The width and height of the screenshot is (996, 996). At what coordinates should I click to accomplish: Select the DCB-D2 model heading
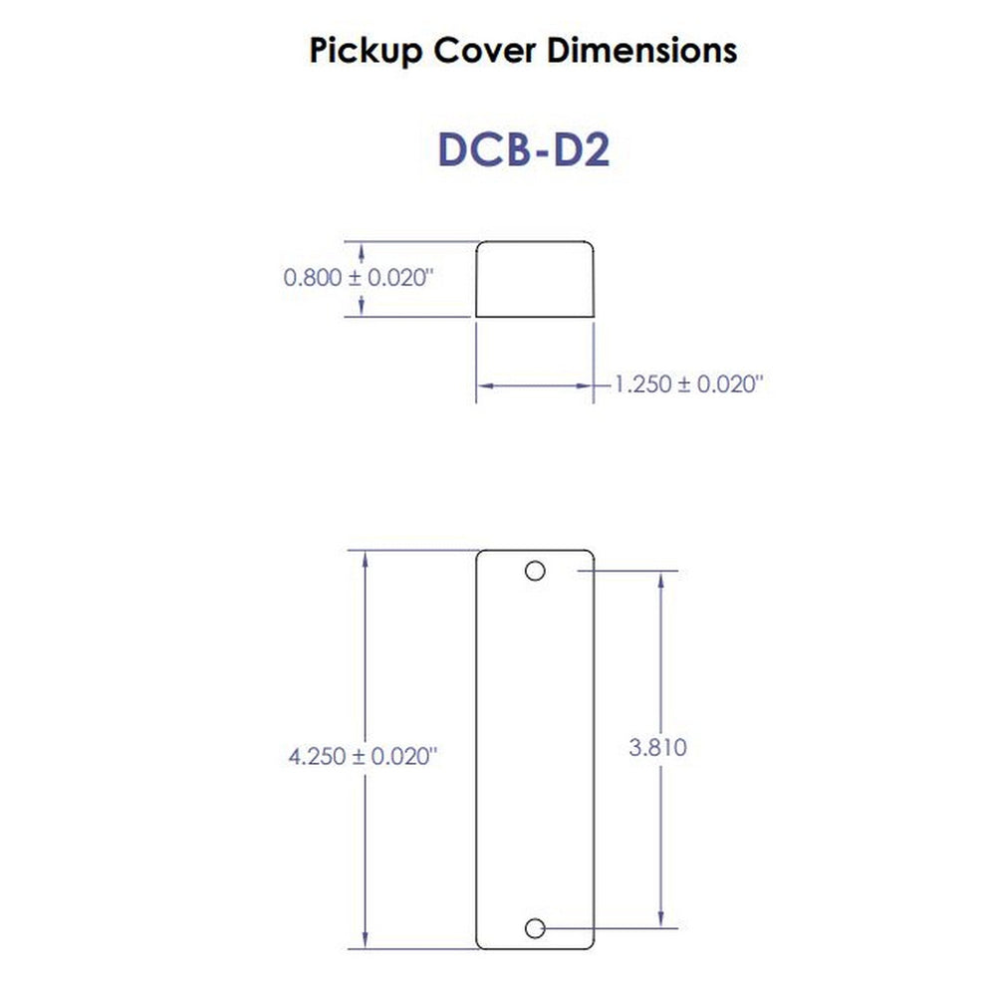click(523, 148)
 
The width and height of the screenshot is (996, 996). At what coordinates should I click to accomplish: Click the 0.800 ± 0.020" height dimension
click(359, 278)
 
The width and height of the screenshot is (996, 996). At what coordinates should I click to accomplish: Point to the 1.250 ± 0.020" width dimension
click(688, 384)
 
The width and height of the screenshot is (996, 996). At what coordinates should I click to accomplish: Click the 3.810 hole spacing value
click(657, 747)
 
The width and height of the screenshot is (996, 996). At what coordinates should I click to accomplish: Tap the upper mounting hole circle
click(535, 572)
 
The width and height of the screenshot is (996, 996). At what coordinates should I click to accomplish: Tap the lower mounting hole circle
click(535, 928)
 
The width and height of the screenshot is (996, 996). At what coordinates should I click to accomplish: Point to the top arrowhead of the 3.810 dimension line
click(659, 579)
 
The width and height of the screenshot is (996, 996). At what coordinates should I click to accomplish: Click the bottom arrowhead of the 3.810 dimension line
click(659, 921)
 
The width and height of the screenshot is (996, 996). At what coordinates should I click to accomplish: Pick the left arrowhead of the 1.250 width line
click(483, 384)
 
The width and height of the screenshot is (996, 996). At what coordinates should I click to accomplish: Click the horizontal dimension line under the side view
click(535, 384)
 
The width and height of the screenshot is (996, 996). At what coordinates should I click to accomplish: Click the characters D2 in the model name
click(583, 148)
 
